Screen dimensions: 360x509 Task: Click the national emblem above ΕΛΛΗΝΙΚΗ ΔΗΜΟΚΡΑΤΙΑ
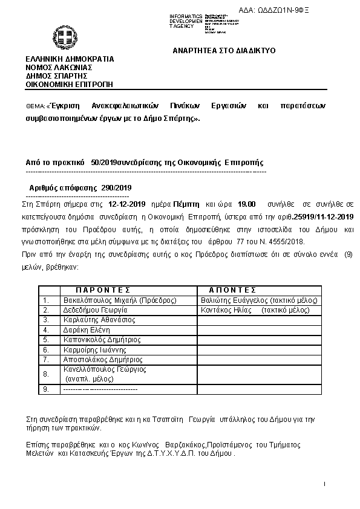pyautogui.click(x=63, y=37)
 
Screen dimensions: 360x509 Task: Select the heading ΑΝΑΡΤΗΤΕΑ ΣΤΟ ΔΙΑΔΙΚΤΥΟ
pyautogui.click(x=224, y=51)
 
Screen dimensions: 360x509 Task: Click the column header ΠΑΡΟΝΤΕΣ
pyautogui.click(x=103, y=290)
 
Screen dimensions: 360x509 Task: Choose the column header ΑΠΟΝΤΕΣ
pyautogui.click(x=232, y=290)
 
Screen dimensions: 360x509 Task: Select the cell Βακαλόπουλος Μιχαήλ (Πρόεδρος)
pyautogui.click(x=120, y=300)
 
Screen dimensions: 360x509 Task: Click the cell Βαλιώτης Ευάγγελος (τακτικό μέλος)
pyautogui.click(x=259, y=300)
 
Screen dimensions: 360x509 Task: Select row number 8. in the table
pyautogui.click(x=46, y=374)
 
